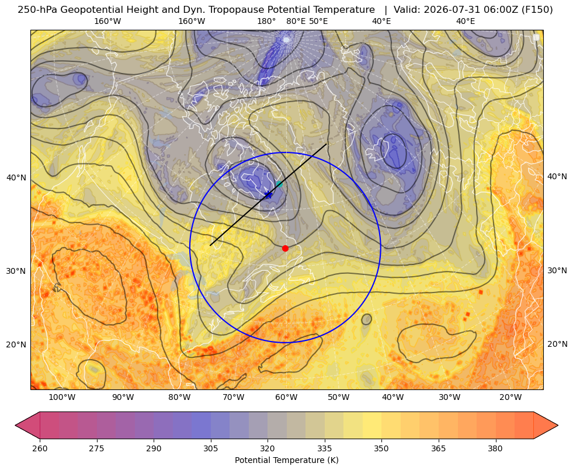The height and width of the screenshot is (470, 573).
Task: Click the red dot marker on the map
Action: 286,248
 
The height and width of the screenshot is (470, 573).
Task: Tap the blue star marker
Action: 269,194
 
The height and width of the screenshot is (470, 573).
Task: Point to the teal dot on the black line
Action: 279,184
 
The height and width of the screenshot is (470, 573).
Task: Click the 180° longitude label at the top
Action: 266,21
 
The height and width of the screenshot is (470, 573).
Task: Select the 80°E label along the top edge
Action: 296,21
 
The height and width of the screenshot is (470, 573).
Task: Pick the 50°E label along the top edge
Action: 318,21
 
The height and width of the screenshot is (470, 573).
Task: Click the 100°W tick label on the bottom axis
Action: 62,398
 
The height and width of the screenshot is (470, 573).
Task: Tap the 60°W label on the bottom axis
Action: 286,398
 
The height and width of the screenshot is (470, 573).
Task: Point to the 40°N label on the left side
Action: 16,178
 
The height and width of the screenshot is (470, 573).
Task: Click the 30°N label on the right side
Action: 557,270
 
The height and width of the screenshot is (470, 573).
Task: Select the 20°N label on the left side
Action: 16,344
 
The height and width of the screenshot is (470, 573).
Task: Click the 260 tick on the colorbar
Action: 40,448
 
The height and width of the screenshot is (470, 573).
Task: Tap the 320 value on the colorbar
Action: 268,448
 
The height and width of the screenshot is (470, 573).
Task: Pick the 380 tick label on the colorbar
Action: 495,448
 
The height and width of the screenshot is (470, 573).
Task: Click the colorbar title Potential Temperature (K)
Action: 286,460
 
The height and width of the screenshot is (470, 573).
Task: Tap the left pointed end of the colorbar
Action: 16,425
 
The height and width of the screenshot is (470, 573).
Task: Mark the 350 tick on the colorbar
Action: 381,448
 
